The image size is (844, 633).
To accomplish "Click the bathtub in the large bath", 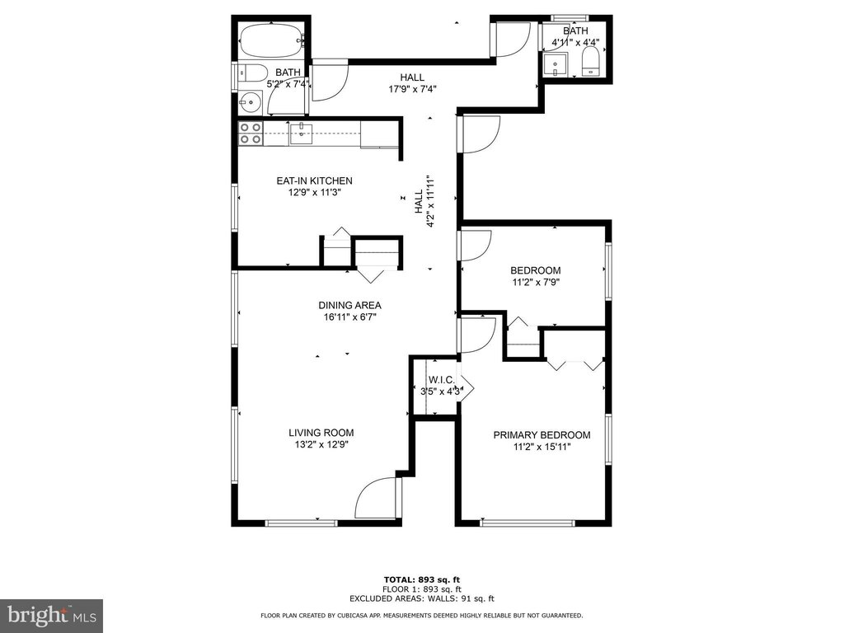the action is pyautogui.click(x=272, y=41).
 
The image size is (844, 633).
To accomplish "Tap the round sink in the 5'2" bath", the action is pyautogui.click(x=251, y=102).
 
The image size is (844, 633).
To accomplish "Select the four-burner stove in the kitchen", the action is pyautogui.click(x=251, y=134).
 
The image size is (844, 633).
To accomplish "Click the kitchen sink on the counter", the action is pyautogui.click(x=302, y=134).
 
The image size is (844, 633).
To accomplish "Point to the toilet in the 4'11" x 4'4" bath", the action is pyautogui.click(x=590, y=60).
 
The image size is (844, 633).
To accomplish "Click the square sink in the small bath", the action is pyautogui.click(x=555, y=64).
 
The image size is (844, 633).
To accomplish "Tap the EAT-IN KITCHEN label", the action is pyautogui.click(x=314, y=181).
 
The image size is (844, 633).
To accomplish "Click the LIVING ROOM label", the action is pyautogui.click(x=321, y=433).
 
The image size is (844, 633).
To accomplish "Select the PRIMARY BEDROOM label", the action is pyautogui.click(x=542, y=435).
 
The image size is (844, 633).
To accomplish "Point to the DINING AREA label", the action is pyautogui.click(x=349, y=305).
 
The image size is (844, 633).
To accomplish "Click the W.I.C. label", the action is pyautogui.click(x=442, y=380).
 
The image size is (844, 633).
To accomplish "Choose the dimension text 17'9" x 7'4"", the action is pyautogui.click(x=412, y=89).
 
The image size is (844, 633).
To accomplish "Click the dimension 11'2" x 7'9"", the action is pyautogui.click(x=536, y=282).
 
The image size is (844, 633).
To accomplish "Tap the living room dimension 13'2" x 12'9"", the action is pyautogui.click(x=321, y=444).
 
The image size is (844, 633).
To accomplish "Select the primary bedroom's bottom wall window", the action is pyautogui.click(x=527, y=523).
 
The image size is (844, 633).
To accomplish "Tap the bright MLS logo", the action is pyautogui.click(x=52, y=615).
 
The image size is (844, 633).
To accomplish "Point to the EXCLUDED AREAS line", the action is pyautogui.click(x=421, y=598).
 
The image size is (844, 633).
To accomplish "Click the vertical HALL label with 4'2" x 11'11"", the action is pyautogui.click(x=424, y=201).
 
